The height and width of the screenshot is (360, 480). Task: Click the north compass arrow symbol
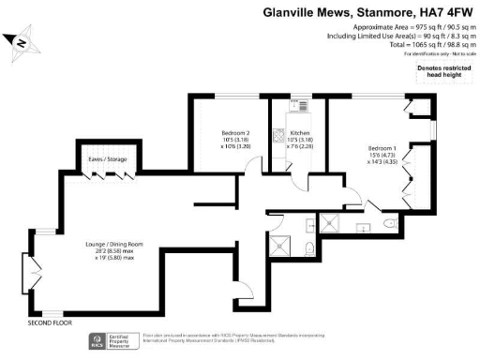[x=21, y=42]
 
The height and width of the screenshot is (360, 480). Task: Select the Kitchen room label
[x=300, y=134]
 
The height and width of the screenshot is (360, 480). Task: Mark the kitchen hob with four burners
[x=278, y=137]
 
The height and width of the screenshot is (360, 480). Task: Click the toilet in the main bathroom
[x=308, y=248]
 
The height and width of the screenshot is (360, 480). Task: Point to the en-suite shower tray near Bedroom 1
[x=331, y=221]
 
